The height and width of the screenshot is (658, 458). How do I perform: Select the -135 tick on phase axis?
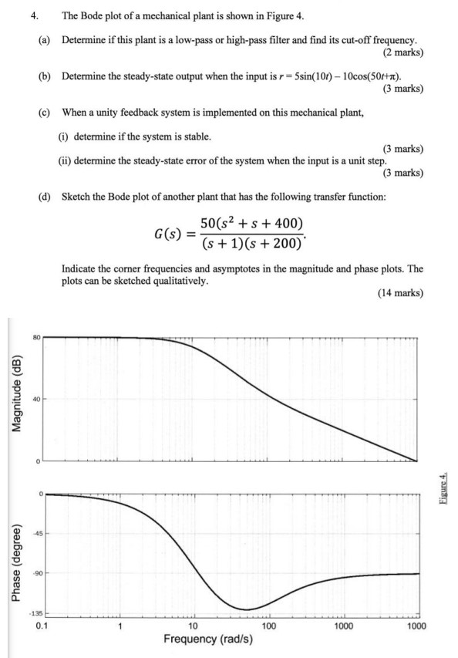point(35,615)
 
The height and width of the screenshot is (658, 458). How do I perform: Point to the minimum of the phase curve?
point(247,609)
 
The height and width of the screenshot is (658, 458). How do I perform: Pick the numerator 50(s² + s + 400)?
point(246,222)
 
